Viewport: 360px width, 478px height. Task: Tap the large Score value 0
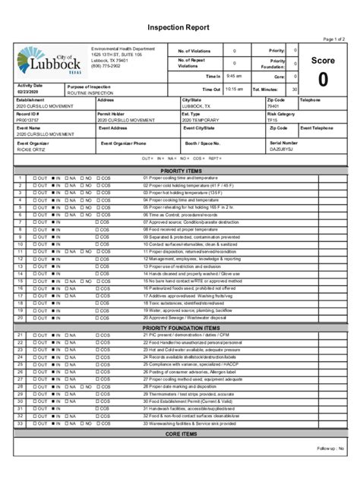[323, 80]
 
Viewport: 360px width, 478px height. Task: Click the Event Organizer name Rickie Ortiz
[31, 149]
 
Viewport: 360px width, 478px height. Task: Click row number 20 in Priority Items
[21, 318]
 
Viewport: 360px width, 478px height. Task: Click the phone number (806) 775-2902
[106, 66]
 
